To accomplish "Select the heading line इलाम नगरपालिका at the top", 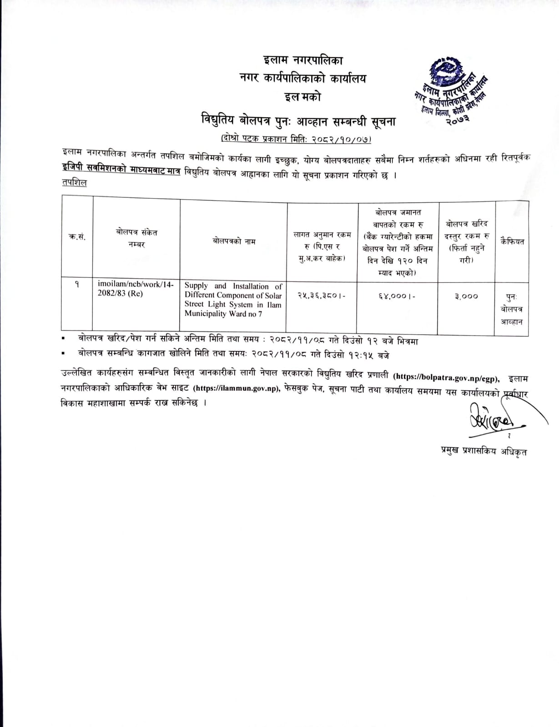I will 303,60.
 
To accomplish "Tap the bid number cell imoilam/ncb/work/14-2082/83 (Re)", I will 136,289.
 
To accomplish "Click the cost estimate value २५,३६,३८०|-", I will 321,296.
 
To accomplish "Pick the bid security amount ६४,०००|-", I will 396,296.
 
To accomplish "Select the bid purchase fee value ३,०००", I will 466,296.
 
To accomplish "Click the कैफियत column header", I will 512,241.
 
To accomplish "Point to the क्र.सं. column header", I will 77,237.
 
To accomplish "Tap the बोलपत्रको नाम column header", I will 234,241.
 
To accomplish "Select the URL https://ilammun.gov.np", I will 236,388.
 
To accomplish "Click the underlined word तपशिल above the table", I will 74,182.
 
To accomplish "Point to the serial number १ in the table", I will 77,284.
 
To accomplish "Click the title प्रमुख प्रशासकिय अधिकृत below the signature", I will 483,451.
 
